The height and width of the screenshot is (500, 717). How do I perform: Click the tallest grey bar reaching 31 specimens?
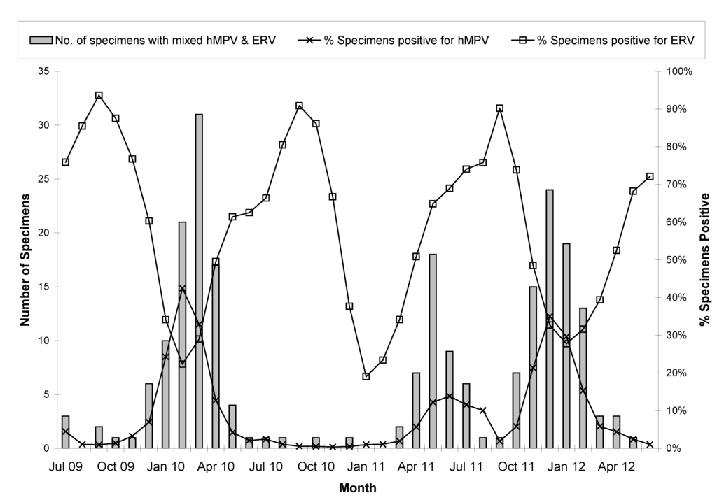[199, 280]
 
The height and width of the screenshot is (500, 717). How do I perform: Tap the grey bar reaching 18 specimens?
[433, 350]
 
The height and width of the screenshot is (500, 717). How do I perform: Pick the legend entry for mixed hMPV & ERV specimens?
[150, 40]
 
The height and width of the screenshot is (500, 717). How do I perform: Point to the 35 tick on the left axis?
[43, 71]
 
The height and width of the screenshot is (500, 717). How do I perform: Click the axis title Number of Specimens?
[24, 260]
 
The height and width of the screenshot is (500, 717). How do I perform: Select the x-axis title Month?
[358, 488]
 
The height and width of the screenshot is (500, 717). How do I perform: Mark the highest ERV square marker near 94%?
[99, 96]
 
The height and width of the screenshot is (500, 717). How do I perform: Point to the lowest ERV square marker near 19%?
[366, 376]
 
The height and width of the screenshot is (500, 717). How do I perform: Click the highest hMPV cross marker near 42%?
[182, 288]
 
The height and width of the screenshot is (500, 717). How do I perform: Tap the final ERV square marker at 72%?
[650, 176]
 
